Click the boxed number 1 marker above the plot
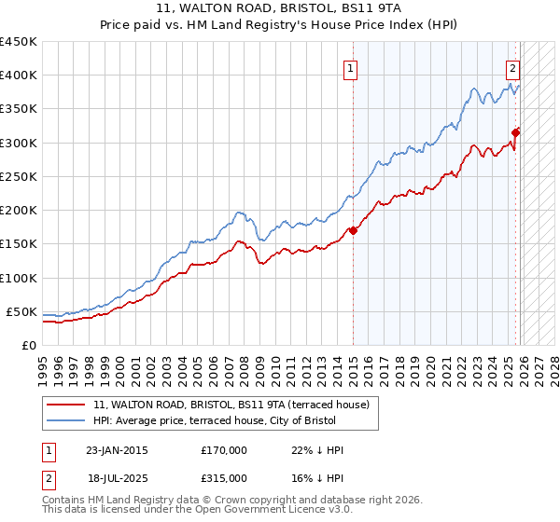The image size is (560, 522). click(x=350, y=67)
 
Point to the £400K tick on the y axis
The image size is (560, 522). click(x=19, y=76)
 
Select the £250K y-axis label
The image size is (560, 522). click(x=19, y=176)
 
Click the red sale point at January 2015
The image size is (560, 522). click(x=353, y=230)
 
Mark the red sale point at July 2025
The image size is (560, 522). click(x=516, y=132)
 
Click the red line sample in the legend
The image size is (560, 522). click(x=65, y=405)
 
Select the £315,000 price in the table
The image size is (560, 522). click(x=223, y=477)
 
